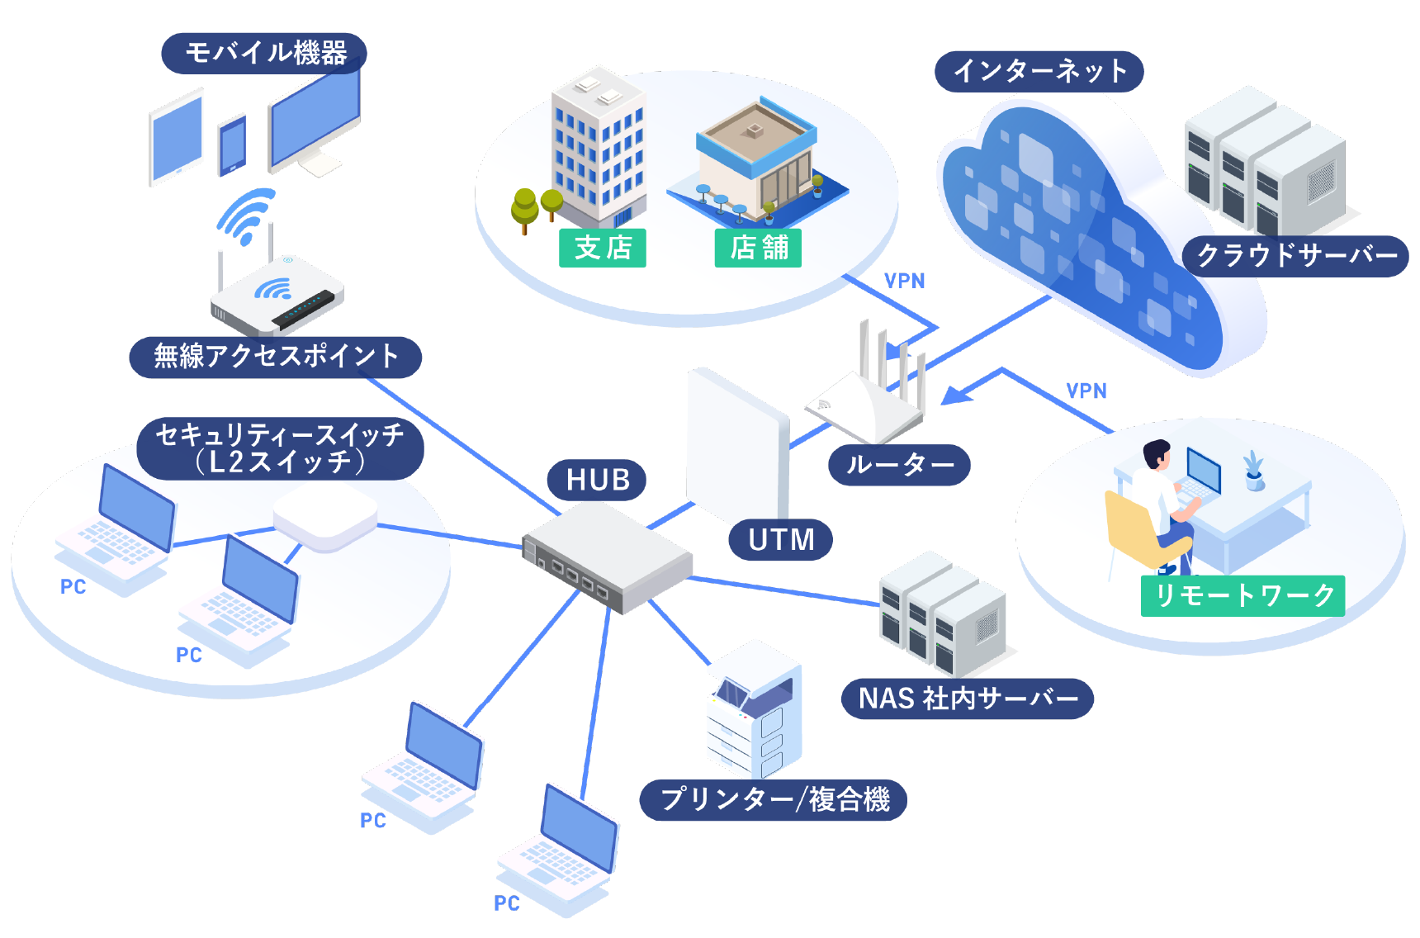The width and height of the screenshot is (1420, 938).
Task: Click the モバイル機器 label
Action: [x=264, y=53]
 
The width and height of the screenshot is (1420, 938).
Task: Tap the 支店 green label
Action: [x=603, y=248]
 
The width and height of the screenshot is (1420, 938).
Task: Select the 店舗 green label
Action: [x=758, y=248]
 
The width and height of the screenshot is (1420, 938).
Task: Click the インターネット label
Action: [x=1039, y=71]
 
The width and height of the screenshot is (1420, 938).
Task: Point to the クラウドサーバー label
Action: [x=1295, y=256]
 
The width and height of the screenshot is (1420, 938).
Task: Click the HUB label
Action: [x=597, y=480]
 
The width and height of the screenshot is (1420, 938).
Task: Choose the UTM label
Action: [x=780, y=539]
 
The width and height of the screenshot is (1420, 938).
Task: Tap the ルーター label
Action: [x=899, y=465]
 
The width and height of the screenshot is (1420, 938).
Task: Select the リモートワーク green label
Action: [x=1242, y=595]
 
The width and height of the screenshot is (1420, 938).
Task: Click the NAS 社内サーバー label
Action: [x=968, y=699]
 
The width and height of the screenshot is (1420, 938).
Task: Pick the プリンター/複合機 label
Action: [x=774, y=799]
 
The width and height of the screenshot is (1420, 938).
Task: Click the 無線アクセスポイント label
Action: [x=276, y=357]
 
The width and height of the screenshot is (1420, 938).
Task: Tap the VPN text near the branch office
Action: [x=905, y=281]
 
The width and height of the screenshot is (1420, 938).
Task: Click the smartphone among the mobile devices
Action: [x=232, y=145]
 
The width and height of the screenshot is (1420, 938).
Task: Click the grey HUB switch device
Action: [x=607, y=558]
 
